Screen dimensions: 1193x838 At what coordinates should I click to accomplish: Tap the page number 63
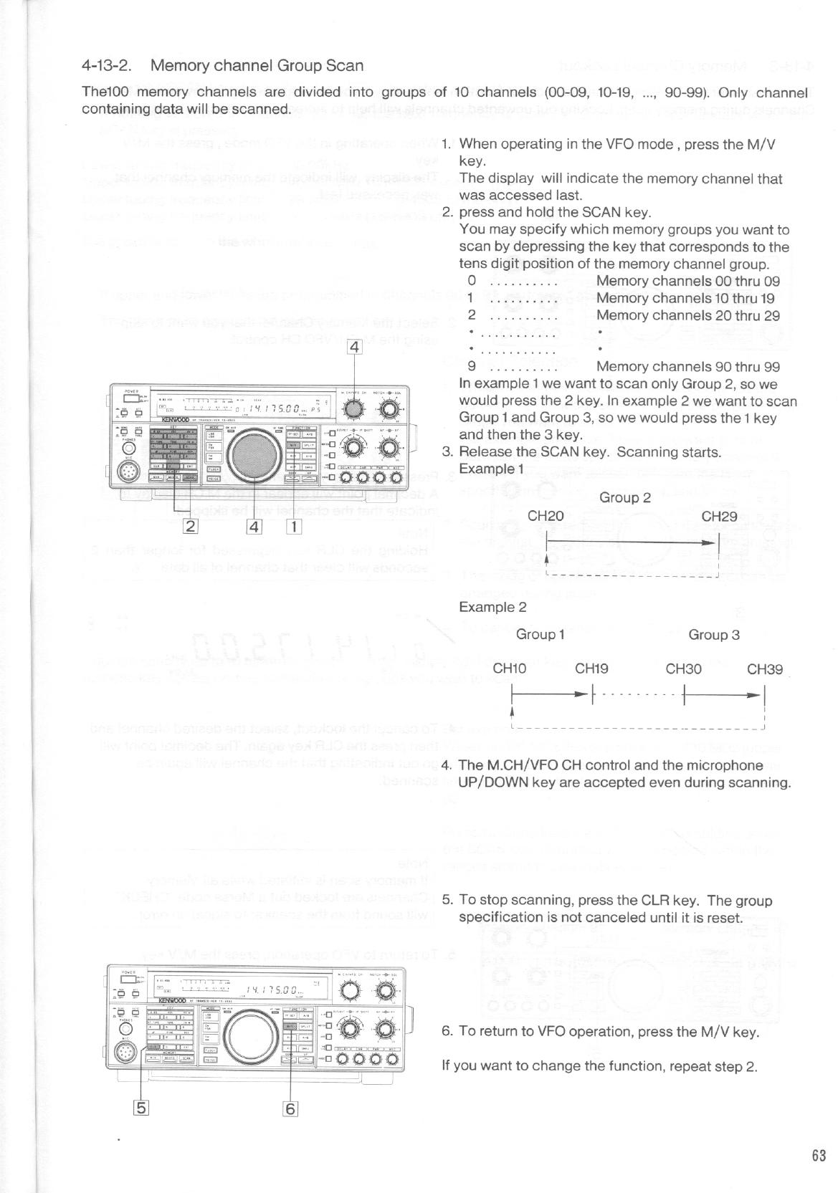[x=819, y=1155]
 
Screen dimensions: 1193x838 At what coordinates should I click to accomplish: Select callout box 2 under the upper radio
[x=191, y=526]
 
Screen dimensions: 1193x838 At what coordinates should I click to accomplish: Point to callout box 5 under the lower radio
[x=142, y=1108]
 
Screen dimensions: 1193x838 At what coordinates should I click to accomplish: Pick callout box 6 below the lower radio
[x=290, y=1108]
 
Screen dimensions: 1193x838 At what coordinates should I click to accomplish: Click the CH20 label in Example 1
[x=545, y=516]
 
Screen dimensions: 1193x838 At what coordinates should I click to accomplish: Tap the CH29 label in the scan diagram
[x=718, y=516]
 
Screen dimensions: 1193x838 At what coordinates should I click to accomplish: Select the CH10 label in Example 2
[x=510, y=669]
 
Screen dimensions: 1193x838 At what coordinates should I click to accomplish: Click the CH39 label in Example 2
[x=764, y=669]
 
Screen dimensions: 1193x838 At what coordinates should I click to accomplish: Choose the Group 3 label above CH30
[x=713, y=634]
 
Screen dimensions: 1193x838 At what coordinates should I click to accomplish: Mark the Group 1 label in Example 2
[x=541, y=634]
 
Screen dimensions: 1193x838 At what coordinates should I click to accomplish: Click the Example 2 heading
[x=492, y=607]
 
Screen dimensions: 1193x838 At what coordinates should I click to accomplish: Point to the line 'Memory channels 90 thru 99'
[x=687, y=367]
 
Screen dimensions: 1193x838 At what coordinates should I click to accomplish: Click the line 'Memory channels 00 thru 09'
[x=687, y=281]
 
